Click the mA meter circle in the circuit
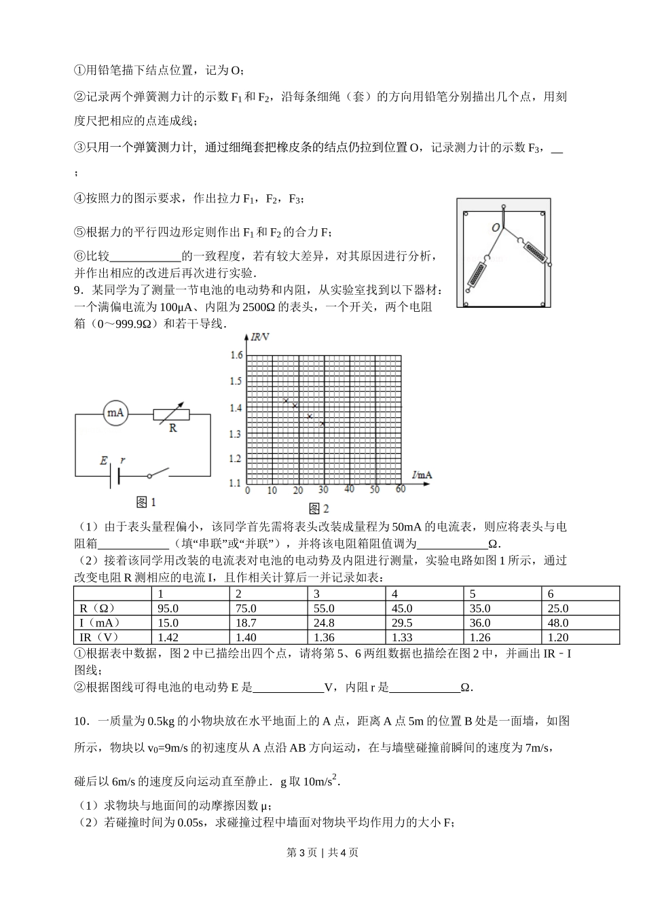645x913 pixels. [x=115, y=412]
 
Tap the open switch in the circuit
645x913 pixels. [x=158, y=473]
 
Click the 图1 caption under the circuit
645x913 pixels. [x=146, y=502]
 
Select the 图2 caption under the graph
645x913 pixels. [x=318, y=508]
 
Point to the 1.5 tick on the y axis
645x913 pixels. [x=236, y=381]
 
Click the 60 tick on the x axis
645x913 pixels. [x=400, y=490]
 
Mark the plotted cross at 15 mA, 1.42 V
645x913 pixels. [x=286, y=401]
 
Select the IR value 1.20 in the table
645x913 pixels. [x=558, y=637]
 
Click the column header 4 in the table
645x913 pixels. [x=395, y=594]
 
